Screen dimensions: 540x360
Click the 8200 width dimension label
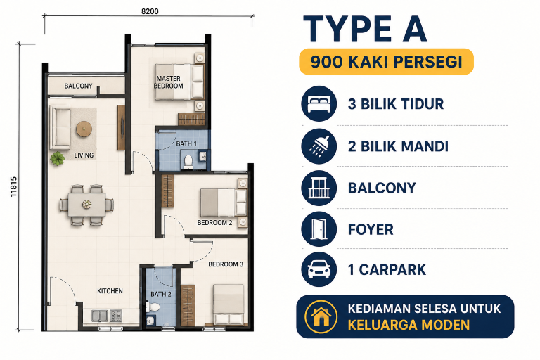point(150,11)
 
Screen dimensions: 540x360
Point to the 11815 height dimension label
point(13,187)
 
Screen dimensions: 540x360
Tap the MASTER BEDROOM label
point(169,82)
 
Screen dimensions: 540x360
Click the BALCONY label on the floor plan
point(78,86)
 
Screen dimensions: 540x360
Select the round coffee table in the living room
point(84,129)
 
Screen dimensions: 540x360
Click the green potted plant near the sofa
point(57,159)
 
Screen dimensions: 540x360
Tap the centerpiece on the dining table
point(86,205)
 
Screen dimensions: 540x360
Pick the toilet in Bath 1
point(188,162)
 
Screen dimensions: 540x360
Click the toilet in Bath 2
point(153,307)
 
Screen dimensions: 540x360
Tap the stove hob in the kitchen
point(116,316)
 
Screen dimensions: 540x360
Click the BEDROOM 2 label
point(214,223)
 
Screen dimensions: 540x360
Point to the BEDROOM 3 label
point(226,264)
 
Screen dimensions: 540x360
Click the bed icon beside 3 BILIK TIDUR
point(319,103)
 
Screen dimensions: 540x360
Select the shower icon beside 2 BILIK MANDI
point(319,146)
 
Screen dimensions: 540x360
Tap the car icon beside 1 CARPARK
point(319,269)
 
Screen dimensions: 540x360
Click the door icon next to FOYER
point(319,229)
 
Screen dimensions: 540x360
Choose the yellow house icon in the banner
point(321,317)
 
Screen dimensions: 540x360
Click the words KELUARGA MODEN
point(409,325)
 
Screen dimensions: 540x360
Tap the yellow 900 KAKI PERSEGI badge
point(387,62)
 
